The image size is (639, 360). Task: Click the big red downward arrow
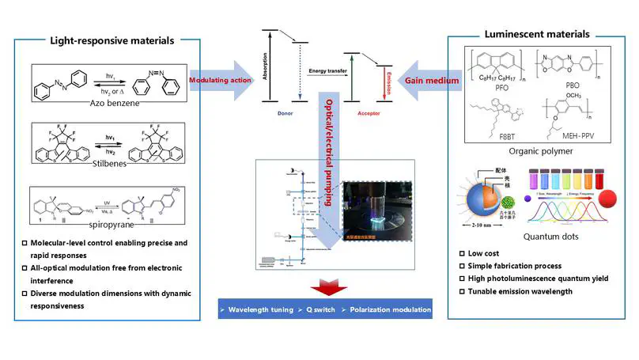pyautogui.click(x=325, y=286)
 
